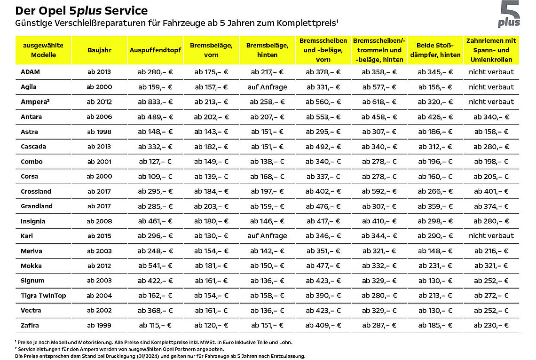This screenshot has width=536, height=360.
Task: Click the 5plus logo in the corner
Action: pos(509,14)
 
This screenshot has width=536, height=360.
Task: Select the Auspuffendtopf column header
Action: pos(155,50)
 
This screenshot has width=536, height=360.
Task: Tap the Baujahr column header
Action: pos(100,50)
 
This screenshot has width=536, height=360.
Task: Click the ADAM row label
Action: pos(30,72)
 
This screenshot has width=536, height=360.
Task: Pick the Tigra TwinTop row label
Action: pos(43,296)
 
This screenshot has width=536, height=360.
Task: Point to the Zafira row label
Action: pos(30,325)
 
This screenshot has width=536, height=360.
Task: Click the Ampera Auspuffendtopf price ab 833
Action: pos(155,102)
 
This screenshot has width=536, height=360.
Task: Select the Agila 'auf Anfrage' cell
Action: pos(268,87)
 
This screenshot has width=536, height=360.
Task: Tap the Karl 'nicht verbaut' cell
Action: pos(491,235)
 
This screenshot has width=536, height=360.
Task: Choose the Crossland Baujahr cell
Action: pos(99,191)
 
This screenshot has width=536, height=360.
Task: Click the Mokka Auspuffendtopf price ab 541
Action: pos(155,266)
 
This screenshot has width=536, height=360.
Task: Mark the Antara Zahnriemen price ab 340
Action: pos(491,117)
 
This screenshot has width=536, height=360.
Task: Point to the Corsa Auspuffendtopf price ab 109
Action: pos(155,177)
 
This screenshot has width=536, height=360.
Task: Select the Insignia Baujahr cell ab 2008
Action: pos(99,221)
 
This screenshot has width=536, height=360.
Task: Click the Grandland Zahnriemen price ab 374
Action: pos(491,206)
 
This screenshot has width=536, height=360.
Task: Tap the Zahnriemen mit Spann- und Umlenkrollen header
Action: pos(491,50)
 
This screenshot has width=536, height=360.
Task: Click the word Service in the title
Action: pos(126,11)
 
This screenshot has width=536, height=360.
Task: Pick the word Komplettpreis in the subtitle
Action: pos(306,23)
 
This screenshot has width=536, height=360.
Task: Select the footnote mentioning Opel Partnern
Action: pos(119,349)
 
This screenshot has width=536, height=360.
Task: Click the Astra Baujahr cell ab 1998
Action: pos(99,132)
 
